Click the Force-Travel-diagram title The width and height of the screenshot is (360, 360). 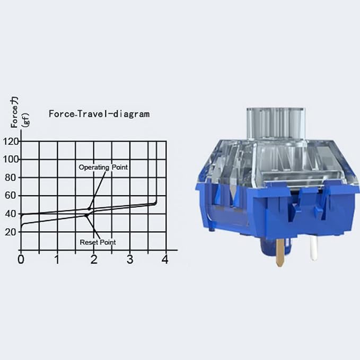click(99, 114)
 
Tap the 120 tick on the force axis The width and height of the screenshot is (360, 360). click(11, 142)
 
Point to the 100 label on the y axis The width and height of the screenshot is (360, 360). click(11, 160)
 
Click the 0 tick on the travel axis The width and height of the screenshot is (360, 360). click(21, 259)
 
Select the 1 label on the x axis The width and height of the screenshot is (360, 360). click(57, 259)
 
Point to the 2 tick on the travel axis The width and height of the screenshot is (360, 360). click(94, 259)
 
